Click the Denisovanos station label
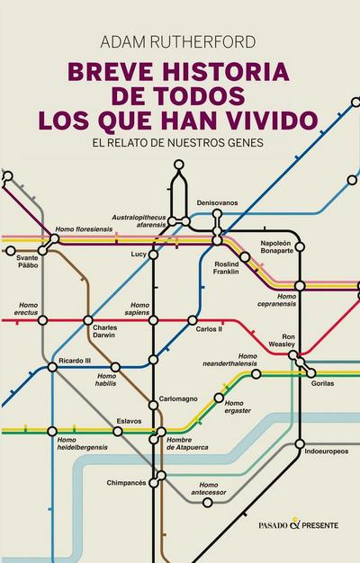tap(217, 203)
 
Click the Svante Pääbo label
tap(28, 263)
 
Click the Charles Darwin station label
tap(104, 333)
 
